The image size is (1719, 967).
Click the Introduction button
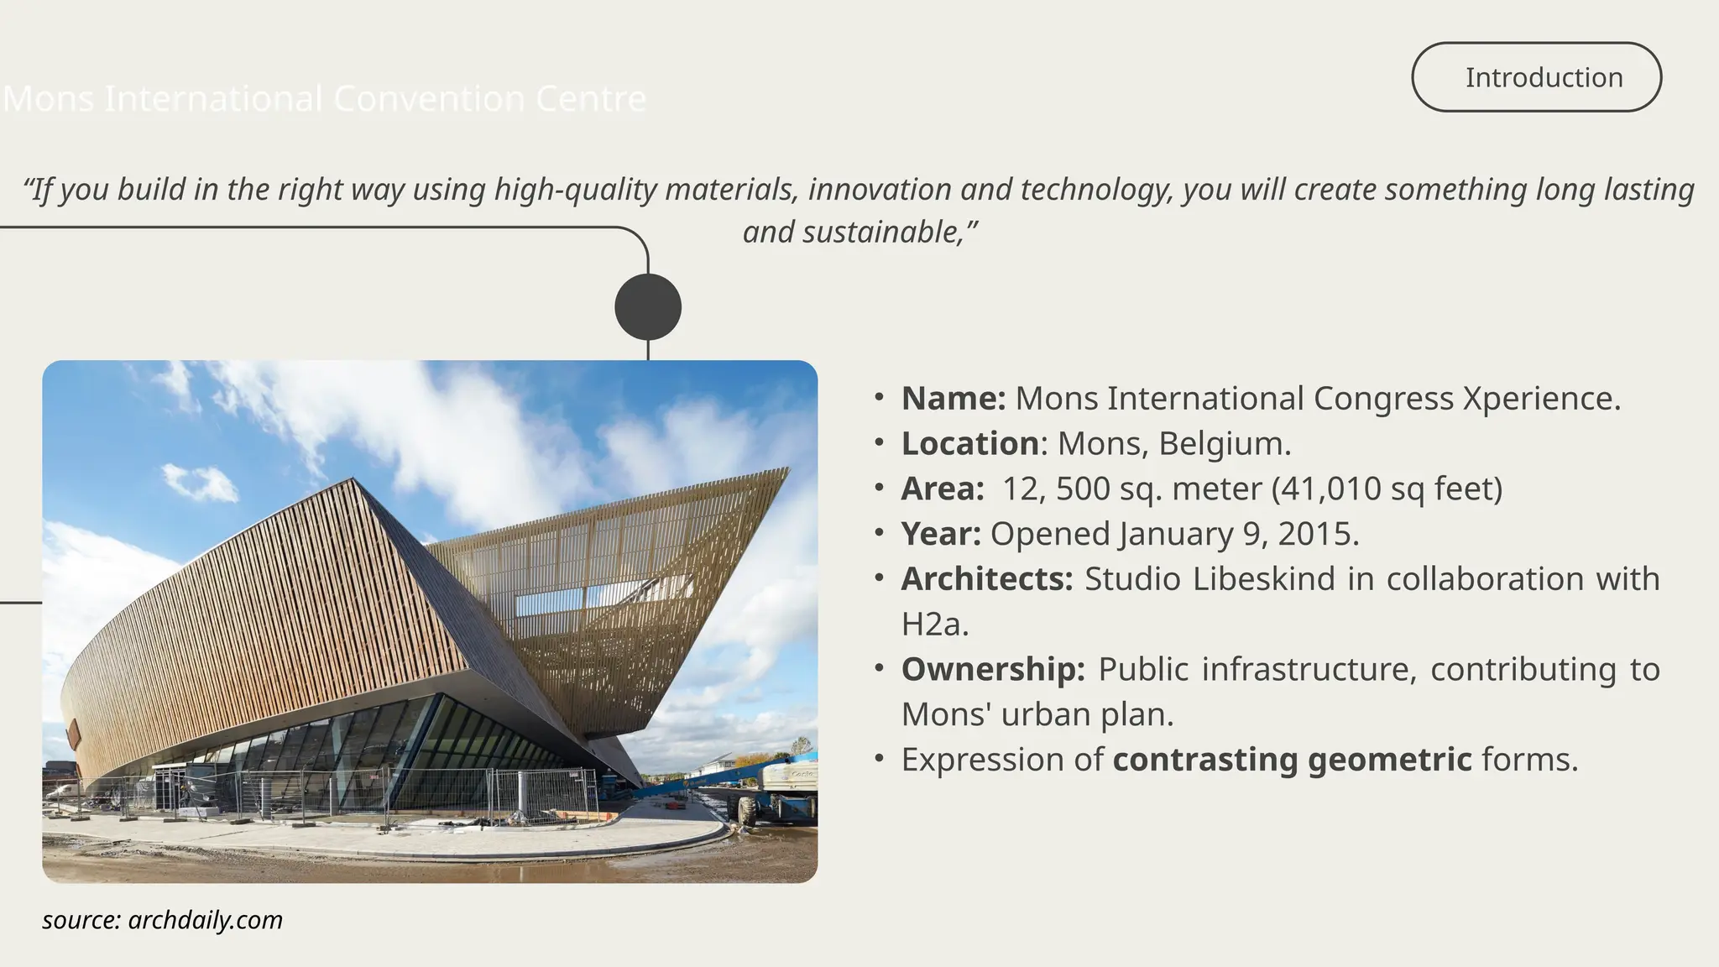coord(1536,77)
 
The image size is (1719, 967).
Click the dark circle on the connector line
coord(648,306)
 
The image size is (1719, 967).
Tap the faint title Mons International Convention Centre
coord(325,99)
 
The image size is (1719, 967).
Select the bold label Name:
coord(953,399)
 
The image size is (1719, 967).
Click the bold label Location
coord(969,444)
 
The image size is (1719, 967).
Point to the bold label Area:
coord(942,489)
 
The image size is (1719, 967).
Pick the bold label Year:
coord(940,535)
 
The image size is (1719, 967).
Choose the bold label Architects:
coord(986,579)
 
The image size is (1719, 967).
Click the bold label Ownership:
coord(992,670)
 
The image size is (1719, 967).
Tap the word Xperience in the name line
coord(1541,399)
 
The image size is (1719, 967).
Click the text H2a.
coord(934,625)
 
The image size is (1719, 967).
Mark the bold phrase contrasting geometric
coord(1292,760)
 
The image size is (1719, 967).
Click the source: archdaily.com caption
coord(162,920)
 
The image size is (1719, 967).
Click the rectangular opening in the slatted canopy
coord(588,597)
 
